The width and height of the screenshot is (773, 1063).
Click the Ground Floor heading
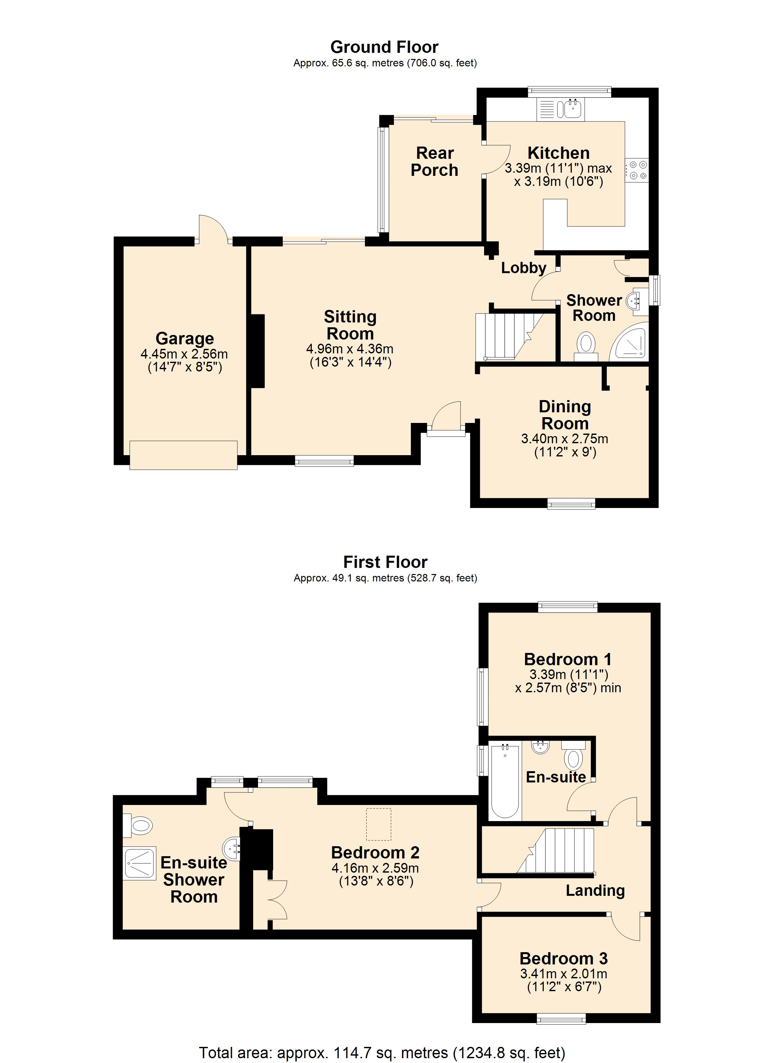[384, 47]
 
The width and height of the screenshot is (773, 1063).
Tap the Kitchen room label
[558, 153]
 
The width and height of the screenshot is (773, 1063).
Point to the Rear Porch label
[434, 162]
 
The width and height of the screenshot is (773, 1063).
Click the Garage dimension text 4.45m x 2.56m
[185, 354]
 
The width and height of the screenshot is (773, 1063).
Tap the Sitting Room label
[350, 325]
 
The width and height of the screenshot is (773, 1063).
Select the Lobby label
[524, 268]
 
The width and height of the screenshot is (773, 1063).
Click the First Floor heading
[385, 562]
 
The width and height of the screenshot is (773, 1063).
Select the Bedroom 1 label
[568, 659]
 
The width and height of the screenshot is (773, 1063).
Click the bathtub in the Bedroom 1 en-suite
[505, 781]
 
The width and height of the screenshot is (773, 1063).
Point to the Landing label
[595, 891]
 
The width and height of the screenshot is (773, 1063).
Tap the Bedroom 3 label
[564, 959]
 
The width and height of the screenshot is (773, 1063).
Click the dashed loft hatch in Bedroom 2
[379, 824]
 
